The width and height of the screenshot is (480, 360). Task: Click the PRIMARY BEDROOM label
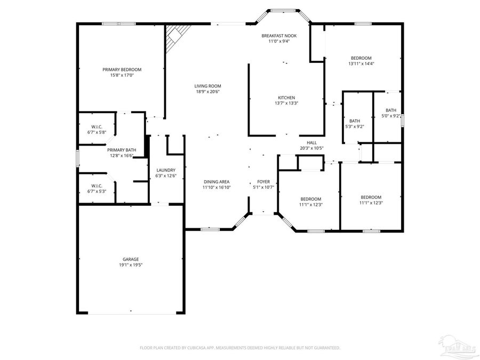coord(122,69)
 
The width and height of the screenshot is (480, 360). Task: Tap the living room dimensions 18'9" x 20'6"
coord(207,92)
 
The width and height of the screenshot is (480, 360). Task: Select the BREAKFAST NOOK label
coord(279,36)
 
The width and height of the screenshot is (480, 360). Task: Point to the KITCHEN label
coord(286,98)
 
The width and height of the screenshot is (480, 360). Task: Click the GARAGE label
coord(131,259)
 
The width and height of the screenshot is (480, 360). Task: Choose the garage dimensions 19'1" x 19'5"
coord(131,265)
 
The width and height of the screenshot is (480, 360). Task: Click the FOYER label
coord(263,181)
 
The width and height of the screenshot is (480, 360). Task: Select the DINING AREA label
coord(216,181)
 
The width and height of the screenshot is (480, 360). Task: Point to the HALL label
coord(312,142)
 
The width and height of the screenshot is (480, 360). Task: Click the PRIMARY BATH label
coord(122,150)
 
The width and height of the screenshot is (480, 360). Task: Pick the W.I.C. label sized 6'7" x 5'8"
coord(97,126)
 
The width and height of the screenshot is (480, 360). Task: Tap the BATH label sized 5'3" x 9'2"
coord(355,121)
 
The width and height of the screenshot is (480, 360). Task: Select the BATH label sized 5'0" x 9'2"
coord(391,110)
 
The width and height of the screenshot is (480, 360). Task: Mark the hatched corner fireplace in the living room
coord(174,36)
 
